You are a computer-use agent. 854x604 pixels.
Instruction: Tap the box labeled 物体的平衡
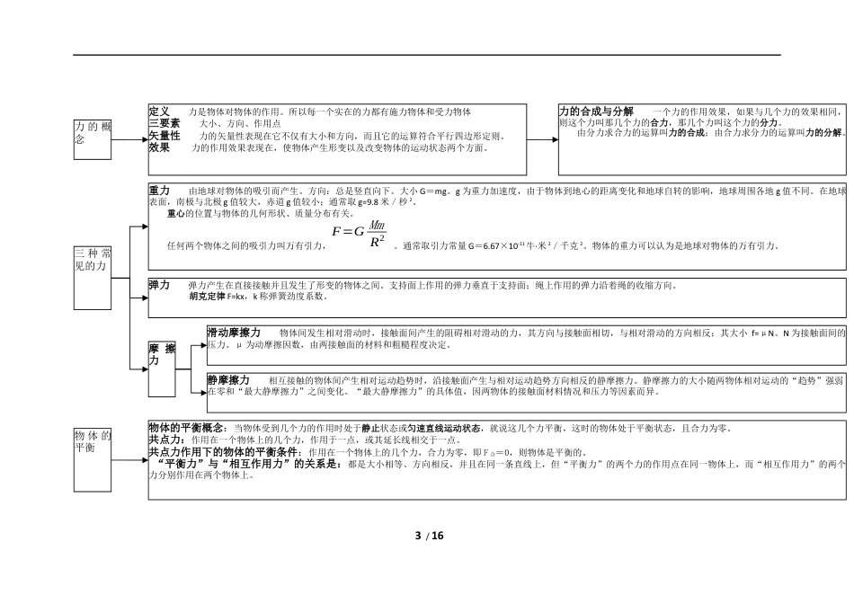pyautogui.click(x=93, y=458)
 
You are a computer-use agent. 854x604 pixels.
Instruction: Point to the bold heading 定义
pyautogui.click(x=159, y=111)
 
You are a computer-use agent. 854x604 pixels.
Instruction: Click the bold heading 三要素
pyautogui.click(x=165, y=123)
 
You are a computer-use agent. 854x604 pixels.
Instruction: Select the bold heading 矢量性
pyautogui.click(x=165, y=135)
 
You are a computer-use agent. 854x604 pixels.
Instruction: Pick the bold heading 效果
pyautogui.click(x=159, y=147)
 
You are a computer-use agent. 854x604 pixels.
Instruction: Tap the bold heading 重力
pyautogui.click(x=159, y=191)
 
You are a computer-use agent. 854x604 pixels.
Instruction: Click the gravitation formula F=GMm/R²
pyautogui.click(x=360, y=234)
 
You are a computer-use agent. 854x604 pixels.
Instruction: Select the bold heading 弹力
pyautogui.click(x=159, y=284)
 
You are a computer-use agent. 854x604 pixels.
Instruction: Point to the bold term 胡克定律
pyautogui.click(x=207, y=296)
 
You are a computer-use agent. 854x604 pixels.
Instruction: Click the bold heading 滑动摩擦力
pyautogui.click(x=234, y=332)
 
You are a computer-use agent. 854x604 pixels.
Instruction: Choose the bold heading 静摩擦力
pyautogui.click(x=228, y=380)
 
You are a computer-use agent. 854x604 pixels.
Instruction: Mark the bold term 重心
pyautogui.click(x=176, y=214)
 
